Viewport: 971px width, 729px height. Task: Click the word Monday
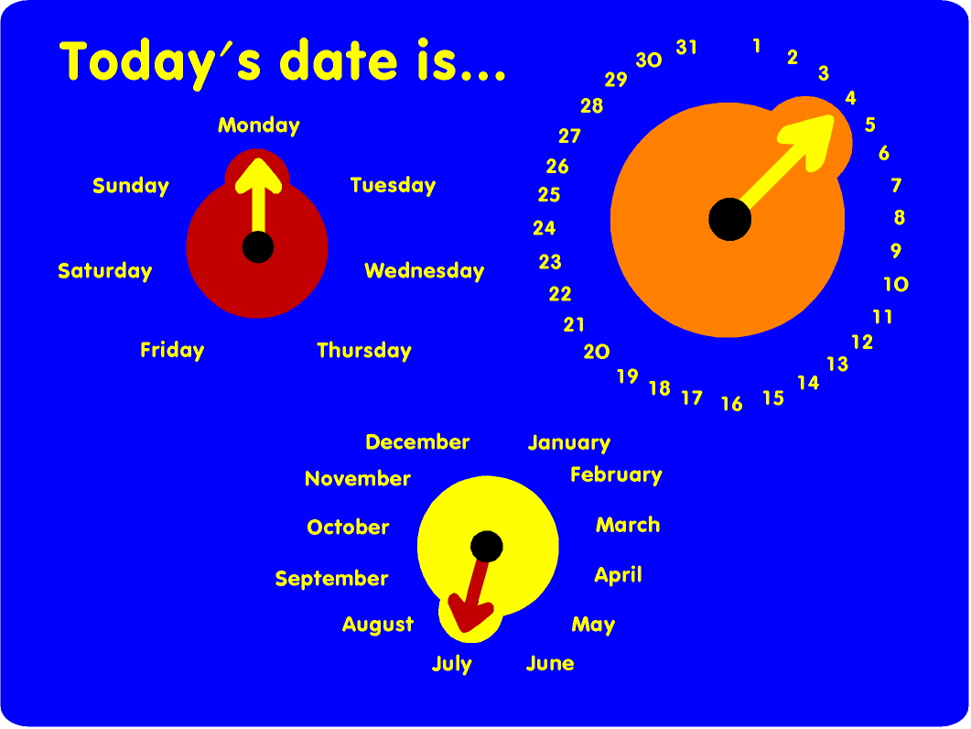tap(258, 125)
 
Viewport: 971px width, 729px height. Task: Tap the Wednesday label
tap(424, 271)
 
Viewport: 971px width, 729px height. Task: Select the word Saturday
tap(104, 271)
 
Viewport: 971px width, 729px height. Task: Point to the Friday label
tap(172, 350)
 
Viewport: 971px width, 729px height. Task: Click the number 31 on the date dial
tap(686, 47)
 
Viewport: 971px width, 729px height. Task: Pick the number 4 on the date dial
tap(850, 98)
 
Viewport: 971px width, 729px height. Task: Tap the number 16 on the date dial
tap(731, 404)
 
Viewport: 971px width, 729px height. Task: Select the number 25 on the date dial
tap(549, 195)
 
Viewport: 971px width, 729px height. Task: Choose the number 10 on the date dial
tap(896, 285)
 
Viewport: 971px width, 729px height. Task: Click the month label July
tap(451, 664)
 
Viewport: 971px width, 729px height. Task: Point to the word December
tap(417, 442)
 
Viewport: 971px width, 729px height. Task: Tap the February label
tap(616, 474)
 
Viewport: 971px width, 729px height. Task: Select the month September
tap(331, 579)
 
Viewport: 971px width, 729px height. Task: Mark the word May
tap(593, 626)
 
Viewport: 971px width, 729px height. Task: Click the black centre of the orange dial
tap(729, 219)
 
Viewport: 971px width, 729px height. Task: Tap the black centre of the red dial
tap(258, 246)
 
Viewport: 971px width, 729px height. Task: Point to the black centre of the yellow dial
tap(487, 547)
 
